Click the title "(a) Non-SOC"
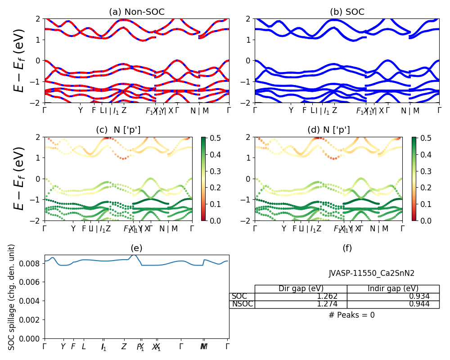click(x=137, y=12)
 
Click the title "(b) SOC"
click(x=347, y=12)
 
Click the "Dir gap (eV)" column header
click(x=301, y=289)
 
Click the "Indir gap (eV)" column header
click(x=393, y=289)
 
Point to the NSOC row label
click(x=243, y=304)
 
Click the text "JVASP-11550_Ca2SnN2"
click(x=372, y=273)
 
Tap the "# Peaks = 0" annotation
click(x=351, y=315)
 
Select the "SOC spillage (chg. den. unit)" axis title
click(x=12, y=297)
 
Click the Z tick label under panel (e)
click(x=124, y=347)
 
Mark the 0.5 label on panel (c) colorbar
click(x=207, y=138)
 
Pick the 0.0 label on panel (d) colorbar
click(x=418, y=221)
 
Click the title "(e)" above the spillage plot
click(x=136, y=248)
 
